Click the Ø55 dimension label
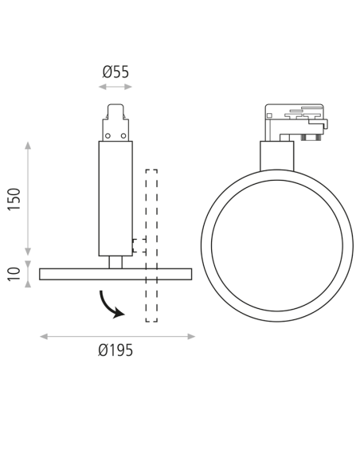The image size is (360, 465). (115, 72)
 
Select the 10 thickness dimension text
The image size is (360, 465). (14, 274)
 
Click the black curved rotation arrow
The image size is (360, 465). (110, 305)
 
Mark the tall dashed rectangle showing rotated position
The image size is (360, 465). (151, 245)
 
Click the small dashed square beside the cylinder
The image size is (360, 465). (139, 245)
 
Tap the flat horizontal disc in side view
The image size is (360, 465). (115, 274)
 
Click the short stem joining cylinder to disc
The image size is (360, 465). (115, 262)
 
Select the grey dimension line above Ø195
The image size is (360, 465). (117, 336)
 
